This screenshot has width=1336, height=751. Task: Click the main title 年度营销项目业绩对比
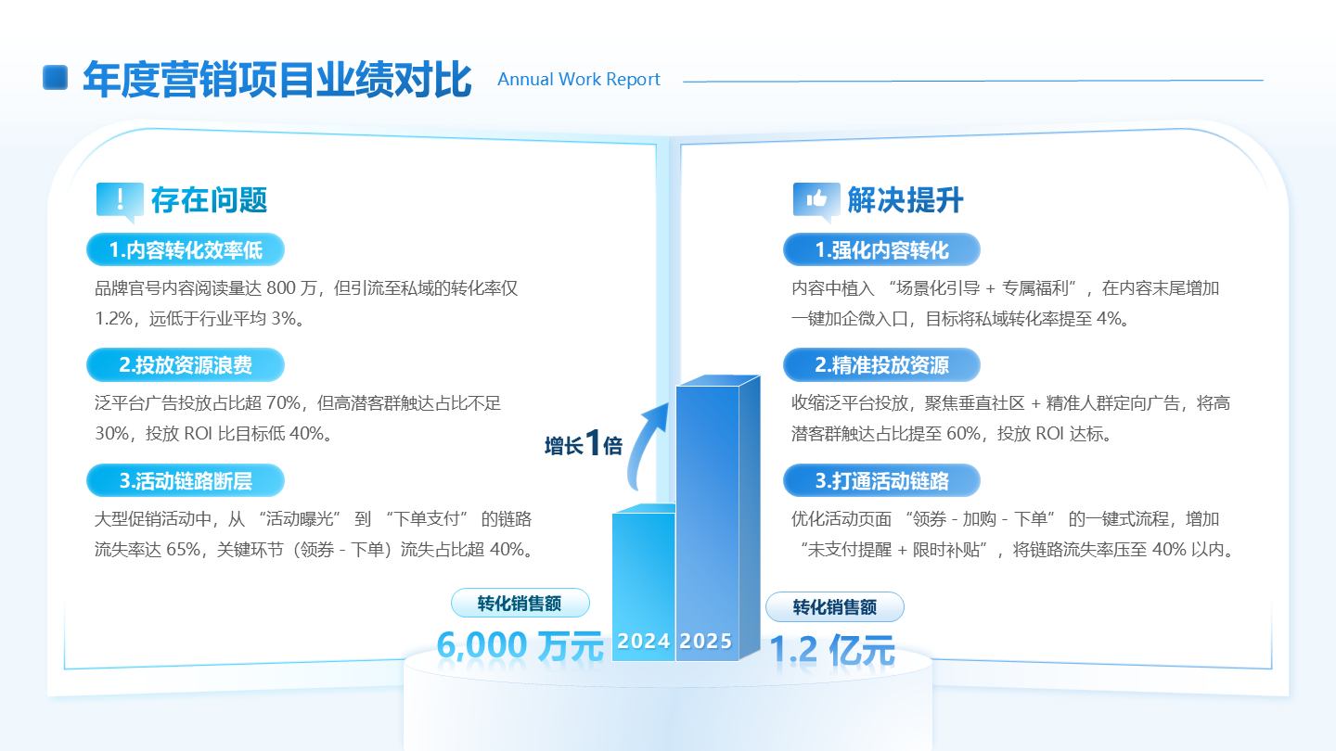click(x=276, y=80)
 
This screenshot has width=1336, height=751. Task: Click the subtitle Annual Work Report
click(x=579, y=80)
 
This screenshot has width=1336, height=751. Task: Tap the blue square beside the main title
click(x=57, y=78)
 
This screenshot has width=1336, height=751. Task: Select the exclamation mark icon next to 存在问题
click(x=120, y=199)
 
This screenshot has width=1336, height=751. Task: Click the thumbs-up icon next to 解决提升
click(x=816, y=199)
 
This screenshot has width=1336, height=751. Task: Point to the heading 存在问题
click(x=209, y=199)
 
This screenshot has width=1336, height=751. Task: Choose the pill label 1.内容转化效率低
click(x=186, y=250)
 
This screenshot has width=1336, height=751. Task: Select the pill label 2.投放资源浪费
click(x=186, y=365)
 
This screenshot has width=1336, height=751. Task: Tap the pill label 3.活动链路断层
click(x=186, y=481)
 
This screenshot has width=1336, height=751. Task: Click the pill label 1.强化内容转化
click(x=881, y=250)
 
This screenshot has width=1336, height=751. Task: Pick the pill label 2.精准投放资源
click(x=881, y=365)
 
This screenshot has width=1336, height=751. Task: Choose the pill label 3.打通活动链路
click(x=881, y=481)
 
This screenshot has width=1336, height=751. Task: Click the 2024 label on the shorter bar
click(x=644, y=641)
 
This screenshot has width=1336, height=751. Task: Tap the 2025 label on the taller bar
click(x=706, y=641)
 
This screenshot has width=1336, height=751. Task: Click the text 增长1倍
click(x=583, y=444)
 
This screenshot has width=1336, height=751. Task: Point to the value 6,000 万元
click(x=520, y=645)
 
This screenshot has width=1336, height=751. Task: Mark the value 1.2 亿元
click(x=831, y=650)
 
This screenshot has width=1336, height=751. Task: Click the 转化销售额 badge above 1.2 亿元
click(x=834, y=607)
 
